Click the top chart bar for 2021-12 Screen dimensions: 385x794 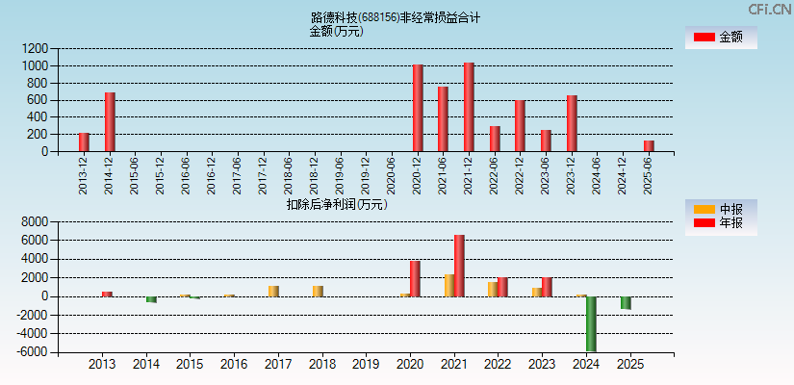(x=469, y=107)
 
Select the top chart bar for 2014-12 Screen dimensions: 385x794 (x=110, y=122)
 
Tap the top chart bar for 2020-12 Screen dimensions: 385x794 (x=418, y=108)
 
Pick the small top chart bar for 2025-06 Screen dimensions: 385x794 (x=649, y=146)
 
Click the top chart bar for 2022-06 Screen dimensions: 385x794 (x=495, y=139)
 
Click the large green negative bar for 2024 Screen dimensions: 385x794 (x=591, y=323)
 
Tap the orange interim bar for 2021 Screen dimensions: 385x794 (x=448, y=286)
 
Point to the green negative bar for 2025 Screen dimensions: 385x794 (x=626, y=302)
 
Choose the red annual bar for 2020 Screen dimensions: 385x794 (x=415, y=278)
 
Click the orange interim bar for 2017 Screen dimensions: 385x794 (x=273, y=291)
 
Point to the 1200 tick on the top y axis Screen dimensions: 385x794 (x=37, y=48)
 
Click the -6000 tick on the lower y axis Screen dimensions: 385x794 (x=33, y=352)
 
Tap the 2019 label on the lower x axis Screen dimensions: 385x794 (x=366, y=365)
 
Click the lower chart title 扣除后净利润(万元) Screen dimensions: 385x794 (x=336, y=204)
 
